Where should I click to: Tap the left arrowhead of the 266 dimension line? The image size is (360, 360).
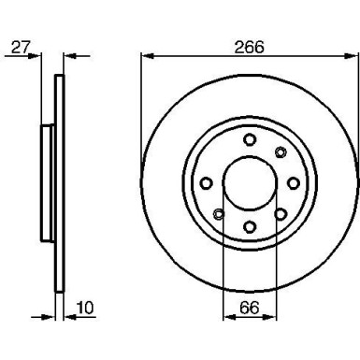pos(145,55)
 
